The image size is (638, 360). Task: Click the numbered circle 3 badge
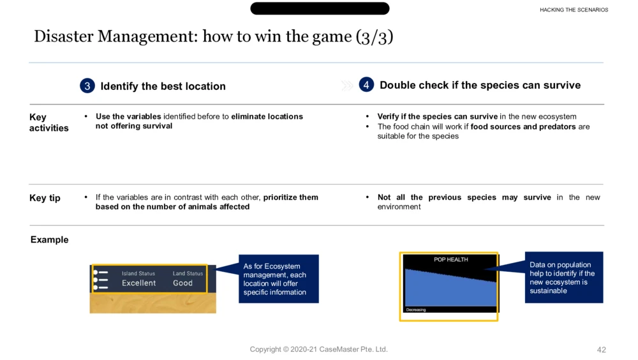(87, 86)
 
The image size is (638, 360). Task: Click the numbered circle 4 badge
(366, 85)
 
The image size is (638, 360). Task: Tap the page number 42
(602, 350)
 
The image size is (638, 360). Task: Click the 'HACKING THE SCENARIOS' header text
(574, 10)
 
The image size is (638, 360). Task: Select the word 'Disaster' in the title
(63, 36)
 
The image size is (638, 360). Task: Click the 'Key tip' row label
(45, 198)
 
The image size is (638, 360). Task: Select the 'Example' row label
(49, 239)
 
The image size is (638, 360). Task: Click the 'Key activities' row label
(49, 123)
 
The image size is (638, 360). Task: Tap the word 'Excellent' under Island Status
(138, 283)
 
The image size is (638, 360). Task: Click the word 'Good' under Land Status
(182, 283)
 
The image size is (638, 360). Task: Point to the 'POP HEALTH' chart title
(451, 259)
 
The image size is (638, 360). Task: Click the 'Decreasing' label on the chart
(416, 310)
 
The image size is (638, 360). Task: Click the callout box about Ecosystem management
(279, 279)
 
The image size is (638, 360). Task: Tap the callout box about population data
(564, 277)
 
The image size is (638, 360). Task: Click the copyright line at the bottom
(318, 349)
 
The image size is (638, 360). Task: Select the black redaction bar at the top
(320, 8)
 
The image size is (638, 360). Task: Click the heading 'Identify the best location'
(163, 86)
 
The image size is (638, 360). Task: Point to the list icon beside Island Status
(101, 280)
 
